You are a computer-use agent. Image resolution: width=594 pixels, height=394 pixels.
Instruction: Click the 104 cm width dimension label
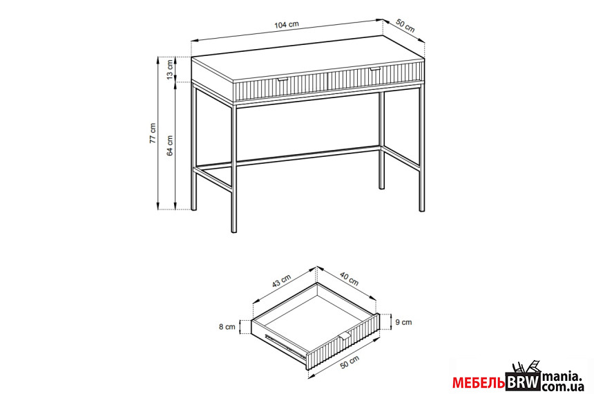(x=287, y=25)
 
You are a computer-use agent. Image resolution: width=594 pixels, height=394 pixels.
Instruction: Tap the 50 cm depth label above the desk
(x=405, y=25)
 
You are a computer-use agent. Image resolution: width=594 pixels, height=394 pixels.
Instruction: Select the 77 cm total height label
(x=152, y=133)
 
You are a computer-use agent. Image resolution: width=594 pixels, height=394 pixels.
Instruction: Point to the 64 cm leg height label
(x=170, y=146)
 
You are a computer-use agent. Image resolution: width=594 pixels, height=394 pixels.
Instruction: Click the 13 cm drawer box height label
(x=170, y=69)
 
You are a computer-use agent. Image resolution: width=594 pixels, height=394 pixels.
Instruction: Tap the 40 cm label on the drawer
(x=349, y=279)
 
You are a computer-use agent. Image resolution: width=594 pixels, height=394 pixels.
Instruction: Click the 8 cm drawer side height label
(x=227, y=327)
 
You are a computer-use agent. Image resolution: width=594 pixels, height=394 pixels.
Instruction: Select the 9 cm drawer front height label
(x=403, y=322)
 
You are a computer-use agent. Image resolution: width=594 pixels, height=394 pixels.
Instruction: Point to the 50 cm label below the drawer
(x=349, y=362)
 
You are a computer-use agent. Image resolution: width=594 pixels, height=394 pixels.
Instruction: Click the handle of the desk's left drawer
(x=282, y=79)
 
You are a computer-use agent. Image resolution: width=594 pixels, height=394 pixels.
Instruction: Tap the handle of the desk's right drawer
(x=375, y=69)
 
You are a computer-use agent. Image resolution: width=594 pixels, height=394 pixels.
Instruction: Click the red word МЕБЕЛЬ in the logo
(x=479, y=384)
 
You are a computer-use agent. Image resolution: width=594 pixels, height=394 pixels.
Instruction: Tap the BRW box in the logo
(x=524, y=382)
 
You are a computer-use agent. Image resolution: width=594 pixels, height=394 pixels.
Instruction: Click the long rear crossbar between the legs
(x=287, y=157)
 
